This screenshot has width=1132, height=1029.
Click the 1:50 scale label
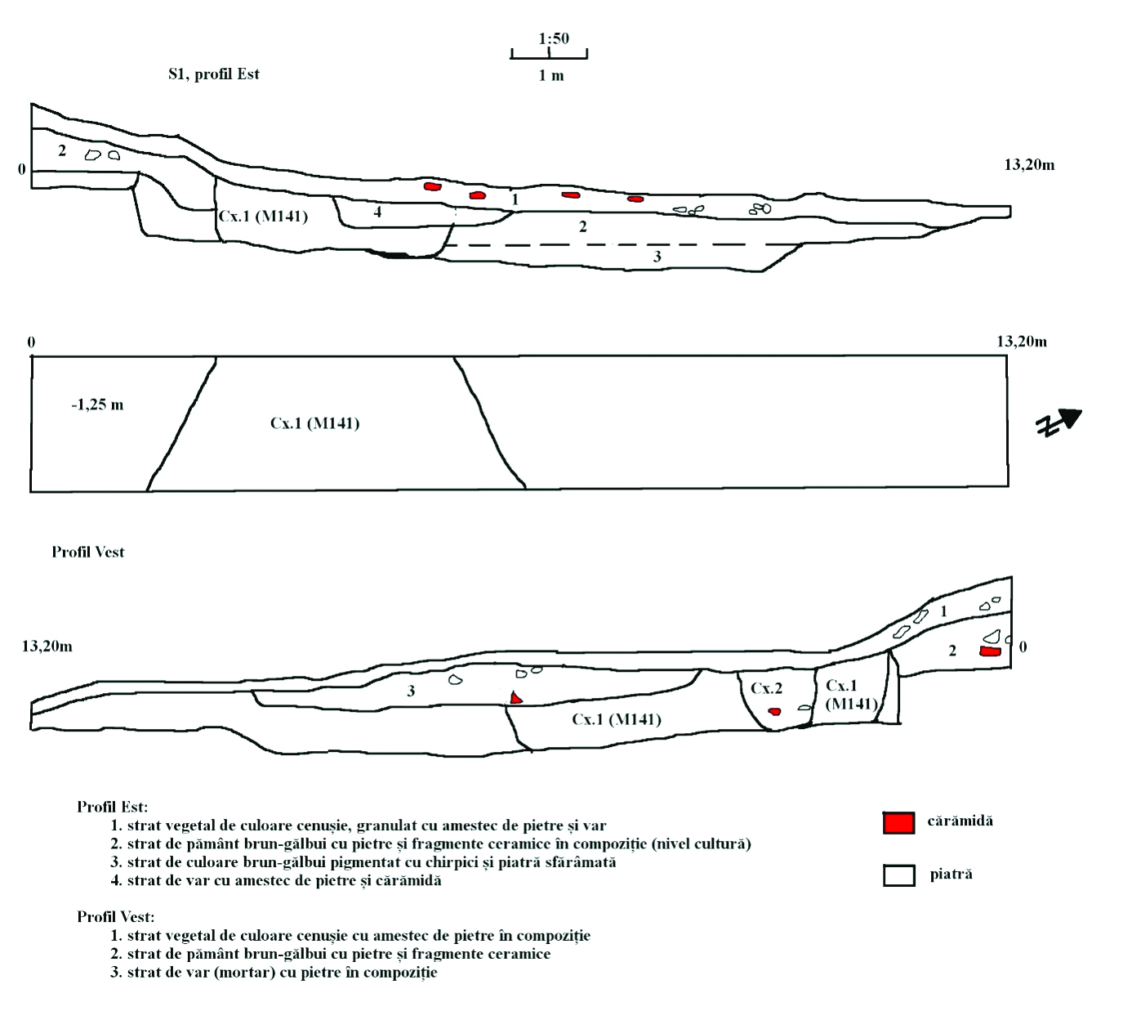[x=554, y=38]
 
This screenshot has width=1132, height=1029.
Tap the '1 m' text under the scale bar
[x=551, y=76]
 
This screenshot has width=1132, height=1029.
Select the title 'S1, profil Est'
[x=214, y=74]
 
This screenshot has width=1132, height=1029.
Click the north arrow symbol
[x=1059, y=422]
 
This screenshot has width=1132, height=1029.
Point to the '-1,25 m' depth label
[x=97, y=405]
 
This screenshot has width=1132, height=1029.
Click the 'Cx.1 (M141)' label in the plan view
[x=314, y=423]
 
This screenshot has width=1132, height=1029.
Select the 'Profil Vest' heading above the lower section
[x=88, y=553]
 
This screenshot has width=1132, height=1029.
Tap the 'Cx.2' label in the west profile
[x=766, y=689]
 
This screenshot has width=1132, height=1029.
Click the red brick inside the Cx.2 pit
[x=774, y=712]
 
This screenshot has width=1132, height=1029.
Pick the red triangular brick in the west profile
[x=515, y=698]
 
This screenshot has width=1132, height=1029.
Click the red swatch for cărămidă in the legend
[x=898, y=822]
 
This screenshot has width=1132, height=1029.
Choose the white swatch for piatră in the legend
[x=898, y=875]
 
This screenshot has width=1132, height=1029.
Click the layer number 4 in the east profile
[x=377, y=213]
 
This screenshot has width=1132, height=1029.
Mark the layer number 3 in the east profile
[x=657, y=257]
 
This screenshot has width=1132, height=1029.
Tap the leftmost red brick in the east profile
[x=432, y=187]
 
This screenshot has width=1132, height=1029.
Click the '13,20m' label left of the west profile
[x=47, y=646]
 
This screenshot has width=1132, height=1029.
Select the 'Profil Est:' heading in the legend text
[x=113, y=807]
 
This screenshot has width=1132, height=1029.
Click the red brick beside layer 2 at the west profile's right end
[x=990, y=651]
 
